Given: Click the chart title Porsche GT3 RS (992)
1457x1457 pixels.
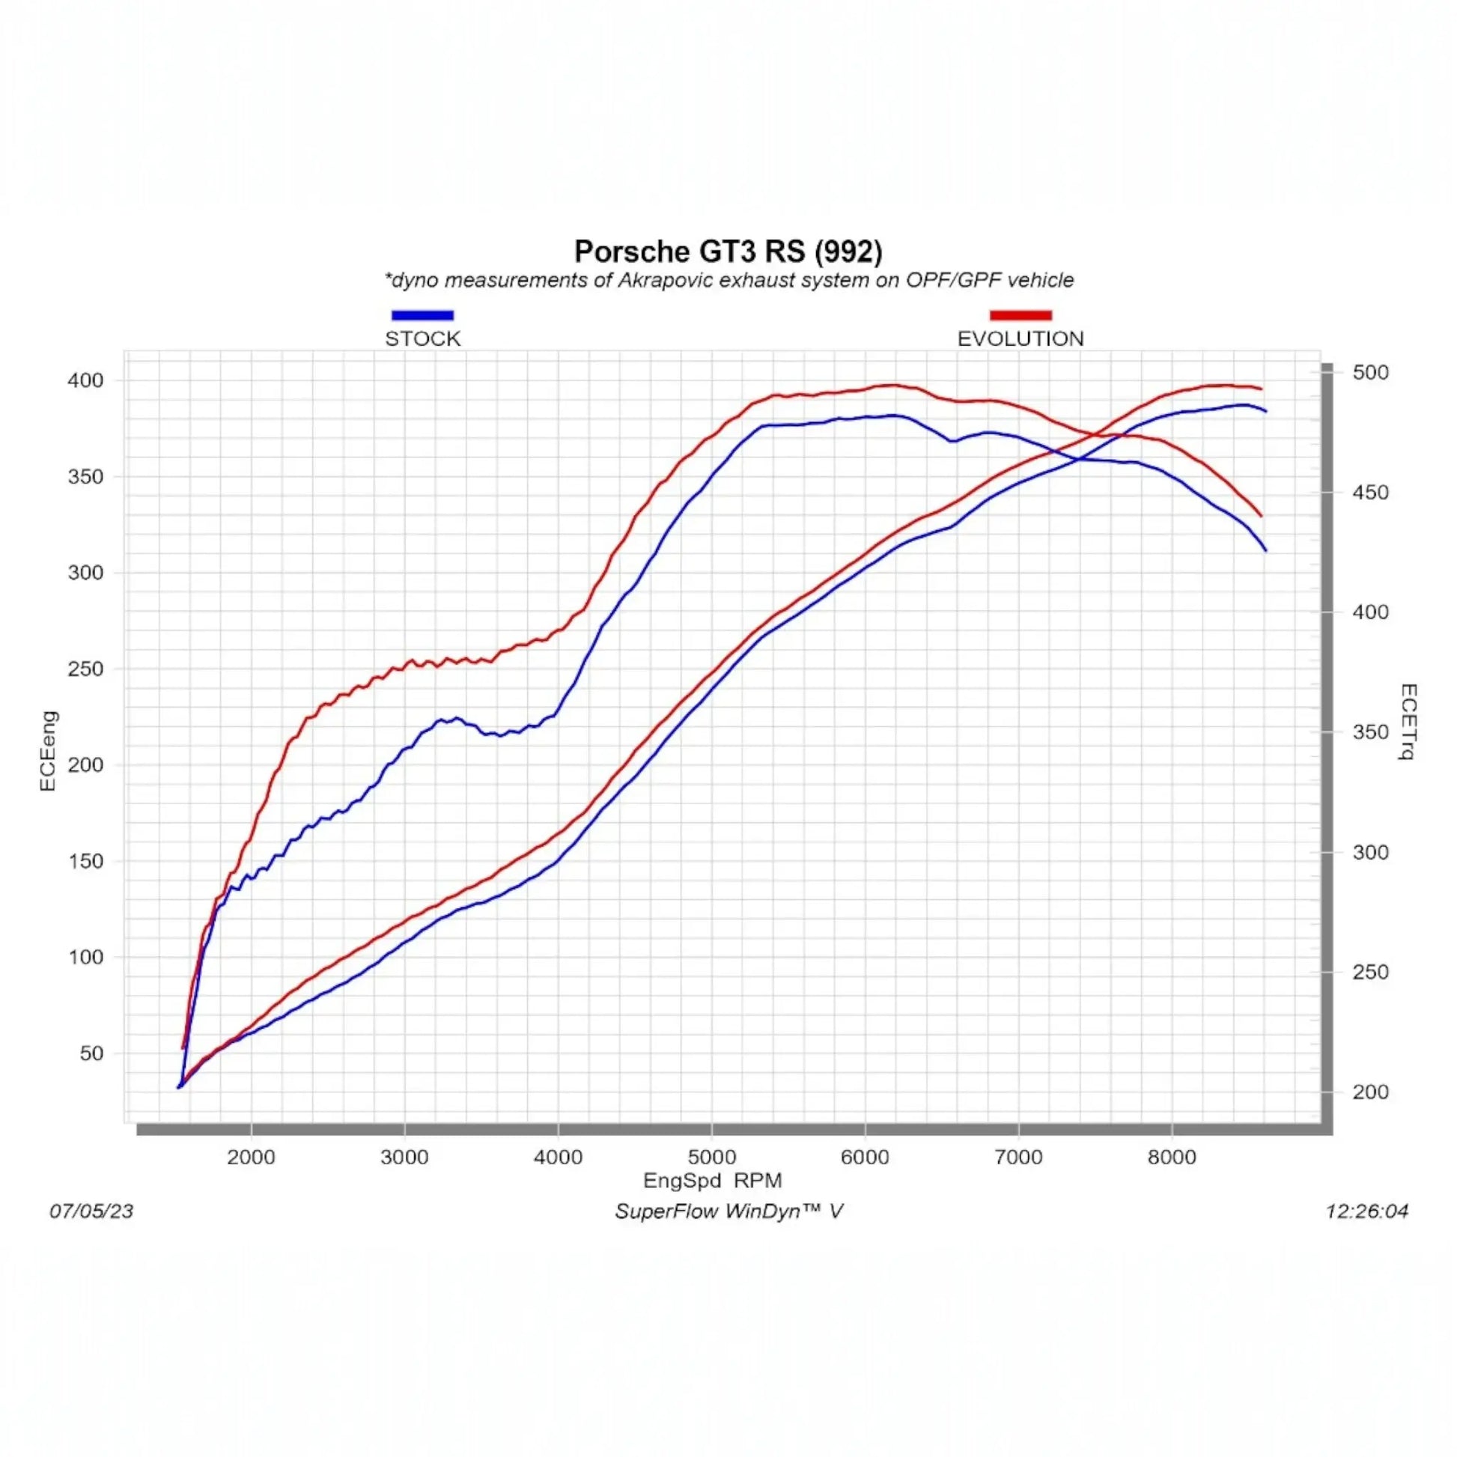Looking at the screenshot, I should click(x=728, y=251).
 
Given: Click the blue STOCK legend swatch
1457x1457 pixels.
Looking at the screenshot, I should click(x=422, y=315).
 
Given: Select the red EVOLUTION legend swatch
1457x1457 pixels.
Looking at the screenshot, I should click(x=1020, y=315).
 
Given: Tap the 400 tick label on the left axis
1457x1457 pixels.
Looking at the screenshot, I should click(x=85, y=380).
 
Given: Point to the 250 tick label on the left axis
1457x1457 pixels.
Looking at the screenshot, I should click(x=85, y=669).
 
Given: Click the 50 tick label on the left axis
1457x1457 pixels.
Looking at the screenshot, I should click(x=91, y=1053).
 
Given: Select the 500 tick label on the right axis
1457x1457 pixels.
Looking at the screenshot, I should click(x=1370, y=373).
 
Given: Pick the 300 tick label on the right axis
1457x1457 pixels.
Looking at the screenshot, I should click(x=1370, y=852).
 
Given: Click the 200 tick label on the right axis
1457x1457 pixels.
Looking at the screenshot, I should click(x=1370, y=1092).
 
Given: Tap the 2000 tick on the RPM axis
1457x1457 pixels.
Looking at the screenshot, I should click(x=251, y=1158).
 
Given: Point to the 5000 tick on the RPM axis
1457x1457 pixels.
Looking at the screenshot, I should click(x=711, y=1158).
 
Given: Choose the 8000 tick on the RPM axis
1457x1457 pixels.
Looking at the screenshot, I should click(x=1171, y=1158).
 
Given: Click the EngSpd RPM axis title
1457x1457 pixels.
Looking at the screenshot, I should click(x=712, y=1180).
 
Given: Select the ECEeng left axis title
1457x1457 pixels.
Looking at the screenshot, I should click(x=47, y=750).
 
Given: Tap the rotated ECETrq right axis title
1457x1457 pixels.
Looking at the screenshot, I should click(x=1408, y=722).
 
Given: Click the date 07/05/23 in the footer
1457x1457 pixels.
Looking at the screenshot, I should click(x=91, y=1211).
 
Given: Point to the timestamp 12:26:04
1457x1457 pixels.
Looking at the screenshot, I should click(x=1366, y=1211).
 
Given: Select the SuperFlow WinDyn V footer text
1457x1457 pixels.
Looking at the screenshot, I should click(x=728, y=1211).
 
